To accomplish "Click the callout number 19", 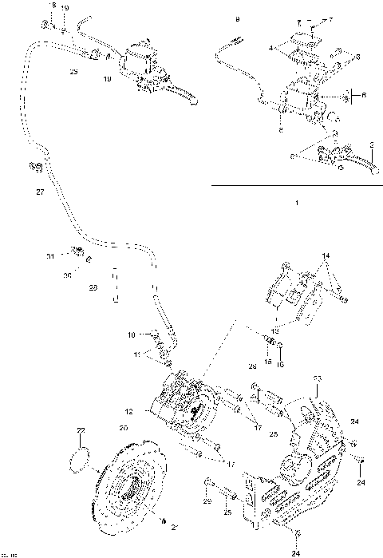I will [65, 7].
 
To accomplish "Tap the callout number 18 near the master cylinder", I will [107, 79].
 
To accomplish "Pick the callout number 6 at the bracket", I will [364, 94].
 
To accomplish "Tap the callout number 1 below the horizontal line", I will [296, 204].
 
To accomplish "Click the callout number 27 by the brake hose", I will [41, 192].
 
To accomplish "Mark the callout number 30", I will [68, 275].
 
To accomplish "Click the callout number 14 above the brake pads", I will [325, 256].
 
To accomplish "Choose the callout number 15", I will [268, 350].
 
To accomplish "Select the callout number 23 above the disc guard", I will [317, 378].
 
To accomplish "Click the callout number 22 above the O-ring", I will [80, 431].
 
